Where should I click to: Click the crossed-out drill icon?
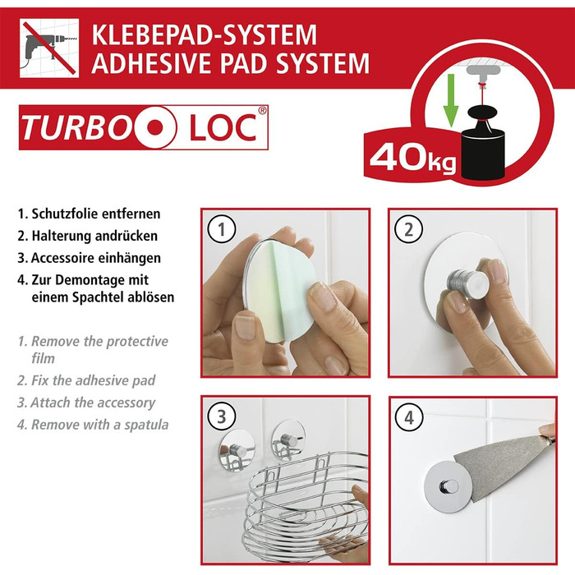click(x=48, y=48)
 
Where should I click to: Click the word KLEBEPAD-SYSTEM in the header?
click(x=204, y=34)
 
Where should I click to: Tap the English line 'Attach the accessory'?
click(x=92, y=402)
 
